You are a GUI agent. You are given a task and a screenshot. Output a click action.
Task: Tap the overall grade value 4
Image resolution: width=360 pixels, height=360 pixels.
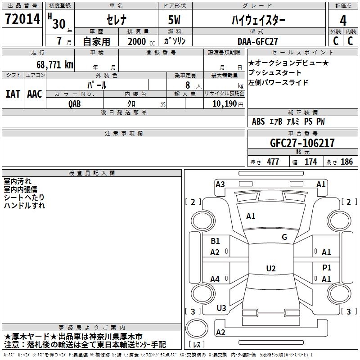click(x=343, y=21)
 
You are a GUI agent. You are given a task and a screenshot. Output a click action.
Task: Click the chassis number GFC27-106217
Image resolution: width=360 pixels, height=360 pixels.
click(x=302, y=144)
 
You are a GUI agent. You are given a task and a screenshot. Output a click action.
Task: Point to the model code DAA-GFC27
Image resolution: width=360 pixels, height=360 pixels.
click(x=258, y=41)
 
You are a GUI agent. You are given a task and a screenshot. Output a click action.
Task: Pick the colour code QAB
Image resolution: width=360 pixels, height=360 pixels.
click(x=75, y=103)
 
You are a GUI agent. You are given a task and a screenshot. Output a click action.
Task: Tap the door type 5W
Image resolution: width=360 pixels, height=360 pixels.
click(x=175, y=21)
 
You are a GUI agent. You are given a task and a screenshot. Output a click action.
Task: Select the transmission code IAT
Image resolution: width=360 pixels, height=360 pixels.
click(x=13, y=94)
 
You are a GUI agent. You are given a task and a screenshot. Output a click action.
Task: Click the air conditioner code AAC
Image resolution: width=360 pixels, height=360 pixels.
click(x=35, y=94)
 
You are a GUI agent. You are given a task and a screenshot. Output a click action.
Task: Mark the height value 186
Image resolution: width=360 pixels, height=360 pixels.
click(x=347, y=162)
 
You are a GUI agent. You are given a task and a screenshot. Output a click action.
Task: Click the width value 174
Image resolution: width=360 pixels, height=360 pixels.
click(x=311, y=162)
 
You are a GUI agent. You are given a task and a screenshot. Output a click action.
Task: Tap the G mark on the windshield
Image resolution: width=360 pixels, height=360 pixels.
click(x=284, y=237)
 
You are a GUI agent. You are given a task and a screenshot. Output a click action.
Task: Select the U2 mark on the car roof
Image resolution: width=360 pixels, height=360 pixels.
click(x=270, y=269)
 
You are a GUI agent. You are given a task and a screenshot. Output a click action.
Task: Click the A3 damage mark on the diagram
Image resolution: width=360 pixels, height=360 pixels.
click(x=220, y=184)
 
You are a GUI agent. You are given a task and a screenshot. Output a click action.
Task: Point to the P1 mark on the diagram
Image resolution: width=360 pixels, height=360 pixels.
click(x=327, y=268)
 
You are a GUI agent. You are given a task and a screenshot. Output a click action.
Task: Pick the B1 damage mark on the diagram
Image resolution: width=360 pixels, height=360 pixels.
click(x=216, y=241)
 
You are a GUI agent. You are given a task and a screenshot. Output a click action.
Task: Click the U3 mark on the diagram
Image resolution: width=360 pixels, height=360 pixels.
click(x=221, y=308)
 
